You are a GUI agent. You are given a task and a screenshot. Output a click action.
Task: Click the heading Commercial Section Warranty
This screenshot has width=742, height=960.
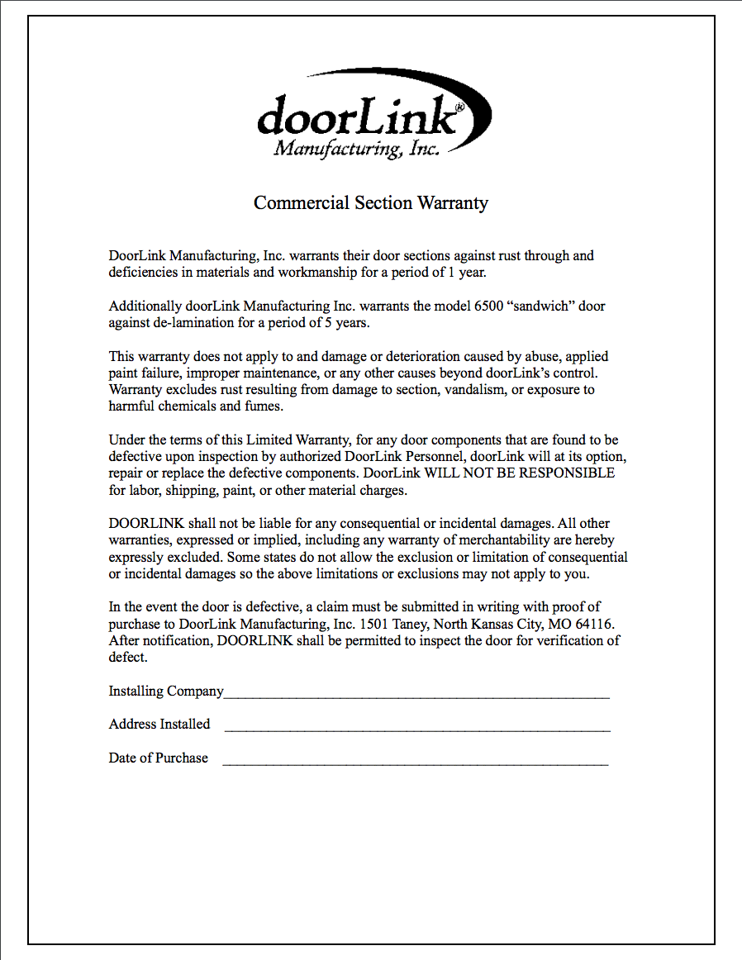pos(371,202)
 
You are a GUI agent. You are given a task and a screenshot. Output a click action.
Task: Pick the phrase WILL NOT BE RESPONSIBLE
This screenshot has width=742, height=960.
pos(520,473)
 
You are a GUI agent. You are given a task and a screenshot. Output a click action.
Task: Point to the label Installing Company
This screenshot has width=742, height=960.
pos(166,691)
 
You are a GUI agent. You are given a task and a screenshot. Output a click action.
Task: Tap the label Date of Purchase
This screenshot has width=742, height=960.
pos(159,758)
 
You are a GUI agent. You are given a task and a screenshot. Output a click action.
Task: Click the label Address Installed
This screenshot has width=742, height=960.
pos(159,724)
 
